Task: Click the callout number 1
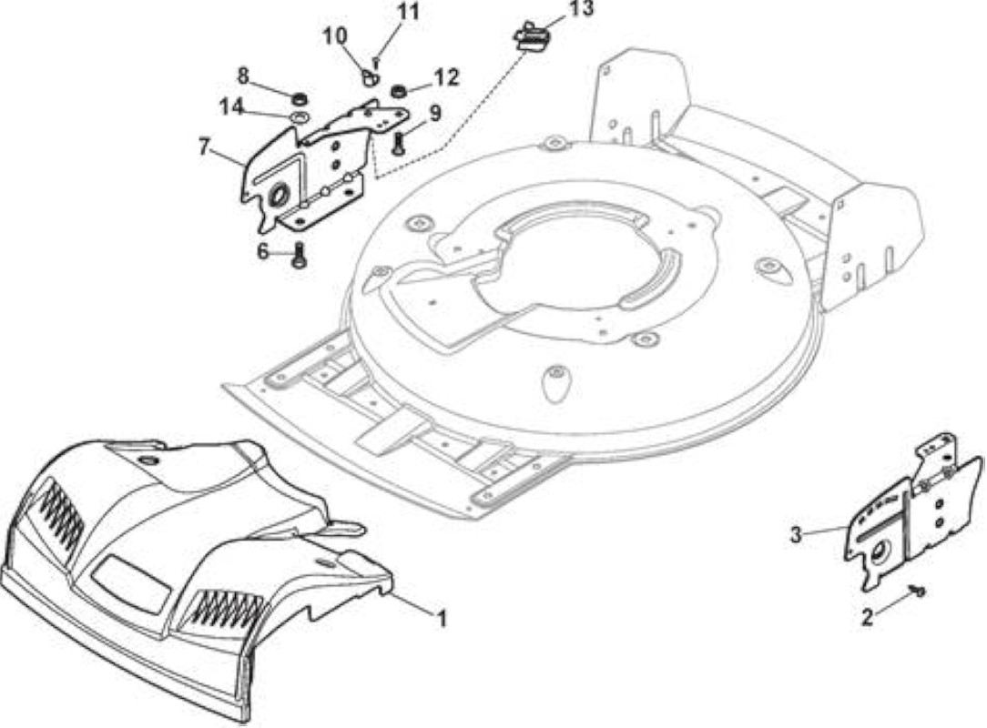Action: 442,619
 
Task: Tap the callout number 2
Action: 868,617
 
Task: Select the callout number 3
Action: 797,535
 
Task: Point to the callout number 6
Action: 262,252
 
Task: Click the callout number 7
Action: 203,147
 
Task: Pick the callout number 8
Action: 243,76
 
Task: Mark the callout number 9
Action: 435,113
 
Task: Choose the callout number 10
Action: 335,35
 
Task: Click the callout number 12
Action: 444,76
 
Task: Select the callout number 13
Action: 580,9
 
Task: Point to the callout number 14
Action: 231,107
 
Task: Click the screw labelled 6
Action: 299,256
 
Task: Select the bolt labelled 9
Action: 398,146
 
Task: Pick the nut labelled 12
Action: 398,92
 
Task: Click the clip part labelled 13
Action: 531,36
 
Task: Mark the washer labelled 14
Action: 300,117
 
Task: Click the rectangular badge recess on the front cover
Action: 131,585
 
